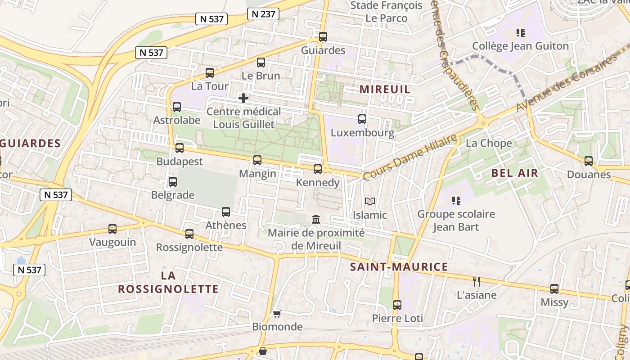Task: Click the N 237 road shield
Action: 263,14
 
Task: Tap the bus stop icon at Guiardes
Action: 323,37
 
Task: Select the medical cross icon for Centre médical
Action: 243,98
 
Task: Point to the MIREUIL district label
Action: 385,89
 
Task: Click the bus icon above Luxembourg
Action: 362,119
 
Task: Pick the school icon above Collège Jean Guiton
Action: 521,33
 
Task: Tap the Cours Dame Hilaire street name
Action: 409,157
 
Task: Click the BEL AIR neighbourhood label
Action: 515,173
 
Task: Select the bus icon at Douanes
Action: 589,161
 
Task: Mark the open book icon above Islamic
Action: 370,201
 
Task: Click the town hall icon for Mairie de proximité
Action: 316,219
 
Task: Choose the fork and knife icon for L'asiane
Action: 477,282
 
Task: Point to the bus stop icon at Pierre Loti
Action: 397,305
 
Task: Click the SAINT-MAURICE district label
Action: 399,267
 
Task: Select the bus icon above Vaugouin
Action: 112,229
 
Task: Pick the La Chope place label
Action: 489,143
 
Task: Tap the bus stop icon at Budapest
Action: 180,148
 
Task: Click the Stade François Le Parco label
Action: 386,12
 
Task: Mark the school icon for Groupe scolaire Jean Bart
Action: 456,200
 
